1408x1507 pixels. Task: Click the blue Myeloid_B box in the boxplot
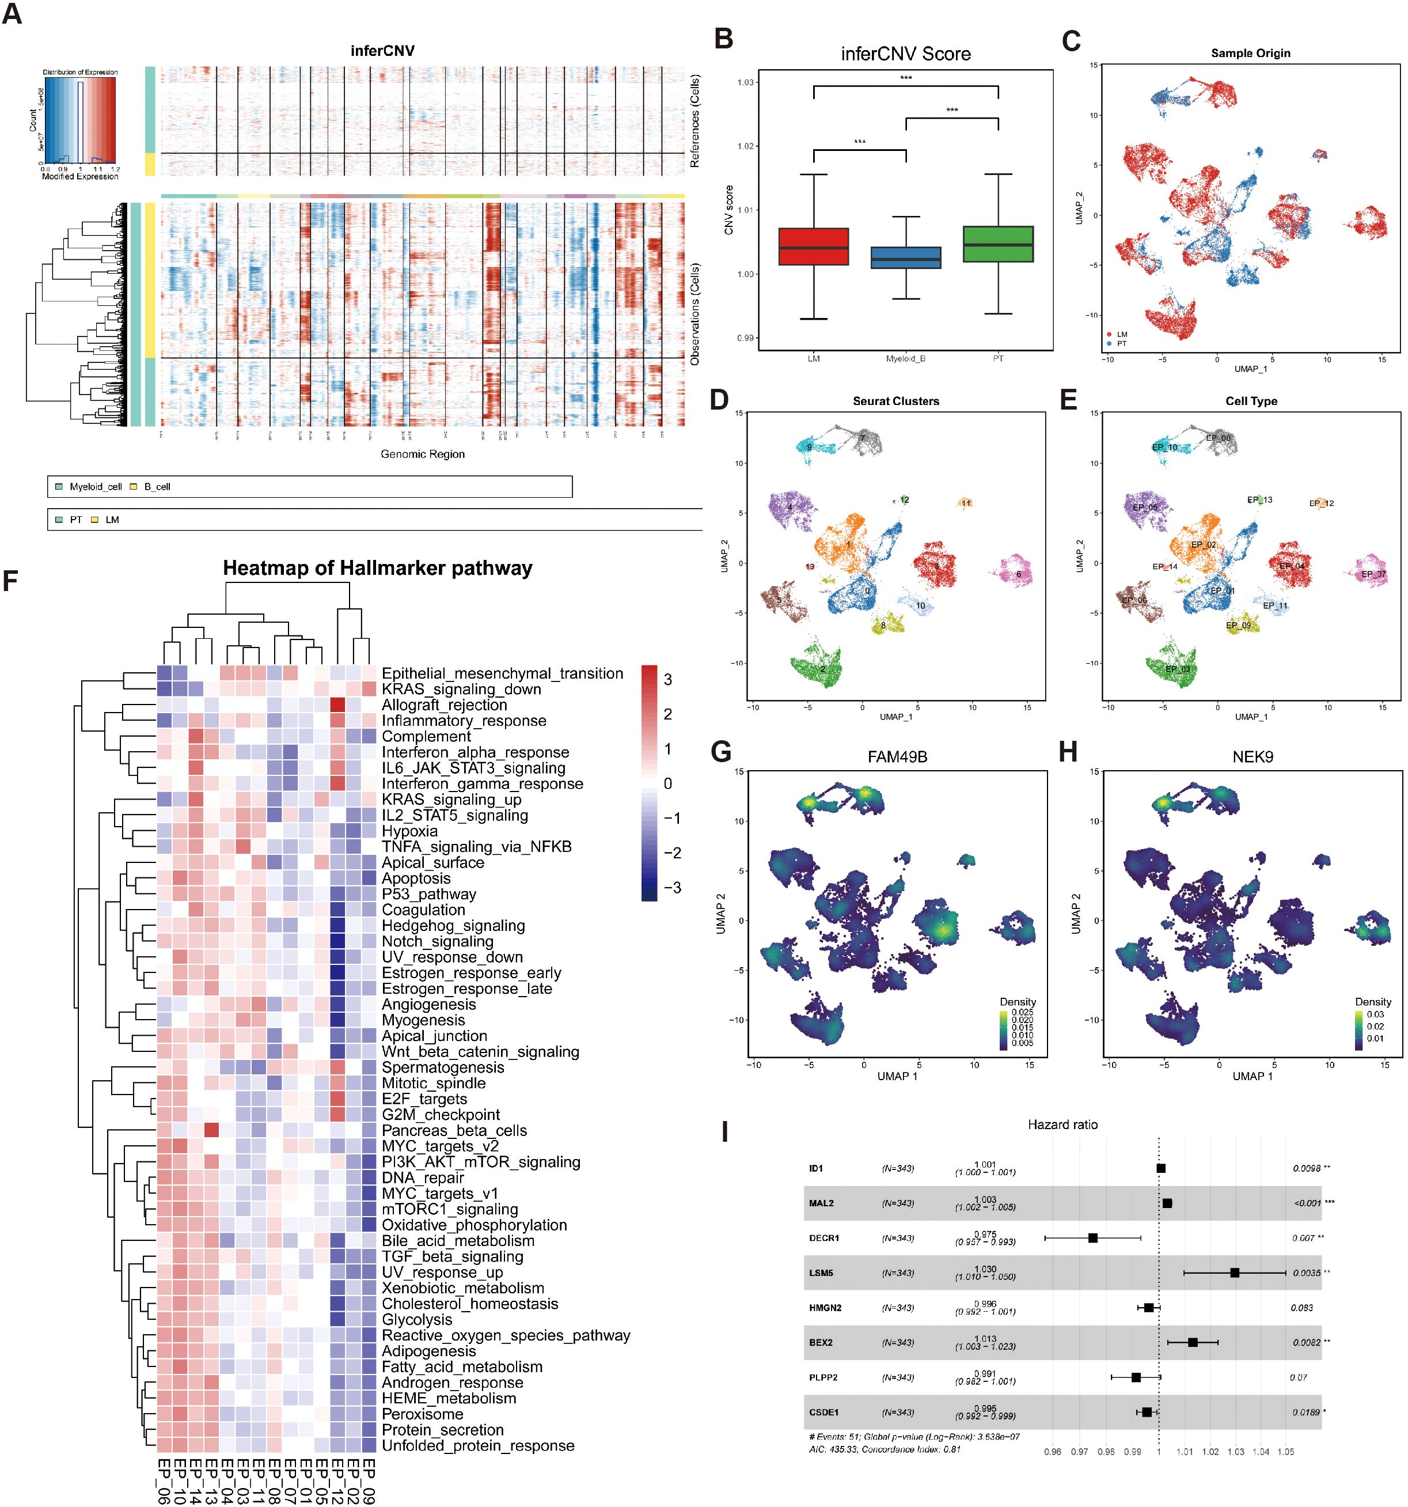tap(906, 258)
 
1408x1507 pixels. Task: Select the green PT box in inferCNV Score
tap(998, 244)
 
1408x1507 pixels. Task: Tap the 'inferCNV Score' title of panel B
tap(906, 54)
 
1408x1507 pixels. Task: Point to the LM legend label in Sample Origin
tap(1122, 334)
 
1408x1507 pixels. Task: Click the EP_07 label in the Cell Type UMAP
tap(1373, 574)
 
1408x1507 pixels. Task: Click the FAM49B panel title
tap(897, 756)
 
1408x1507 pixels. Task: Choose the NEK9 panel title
tap(1253, 756)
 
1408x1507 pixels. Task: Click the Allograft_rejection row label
tap(444, 705)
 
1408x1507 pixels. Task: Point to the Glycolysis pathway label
tap(417, 1320)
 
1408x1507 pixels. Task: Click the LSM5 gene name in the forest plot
tap(821, 1273)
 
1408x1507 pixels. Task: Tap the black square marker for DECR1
tap(1093, 1238)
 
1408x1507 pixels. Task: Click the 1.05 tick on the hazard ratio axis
tap(1285, 1452)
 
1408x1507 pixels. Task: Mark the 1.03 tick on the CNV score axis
tap(745, 82)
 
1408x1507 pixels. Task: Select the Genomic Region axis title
tap(422, 454)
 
